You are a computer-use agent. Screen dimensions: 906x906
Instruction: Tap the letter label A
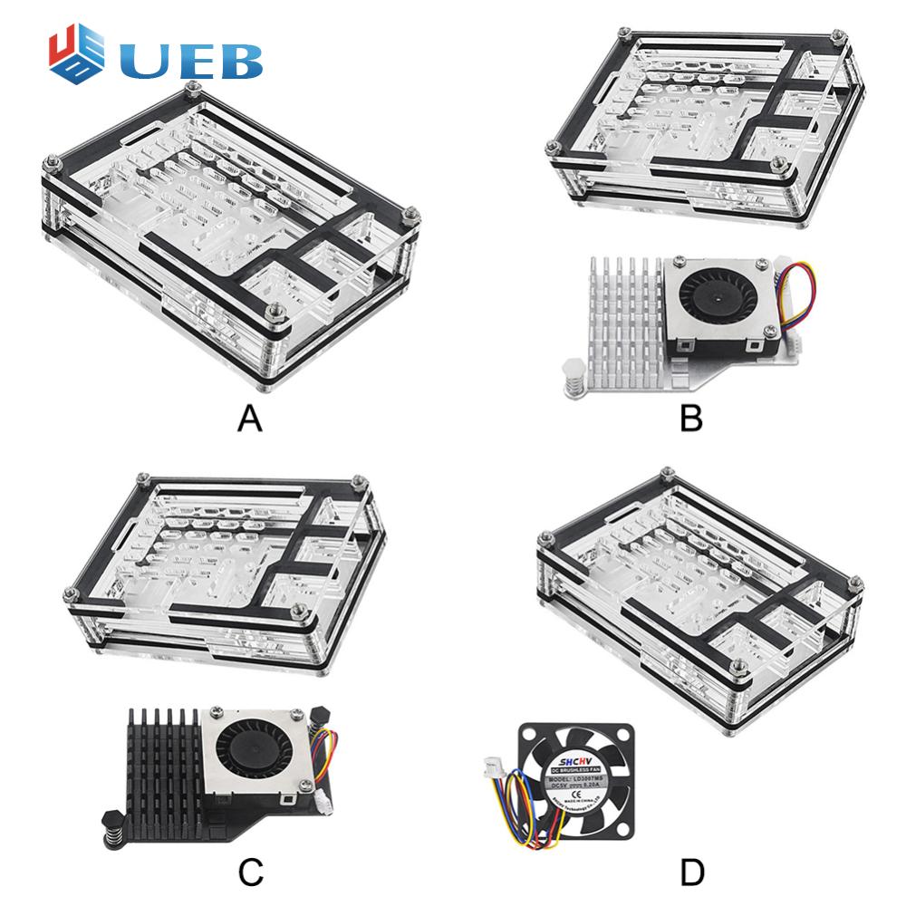[250, 419]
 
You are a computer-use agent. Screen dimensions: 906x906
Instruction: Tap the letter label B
[692, 419]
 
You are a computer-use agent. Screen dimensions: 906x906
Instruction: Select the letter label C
[250, 872]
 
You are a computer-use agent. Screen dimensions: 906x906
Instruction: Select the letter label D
[692, 872]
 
